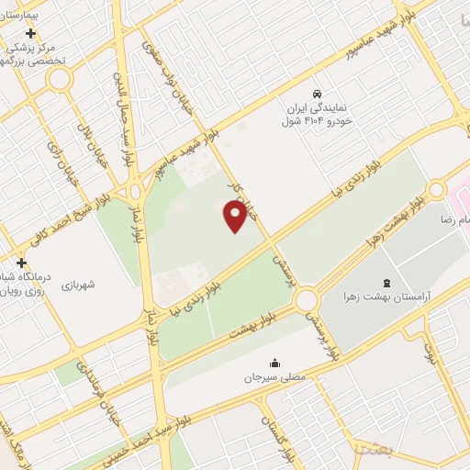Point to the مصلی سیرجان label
[274, 376]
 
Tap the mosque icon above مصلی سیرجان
[274, 362]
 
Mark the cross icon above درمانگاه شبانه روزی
[21, 263]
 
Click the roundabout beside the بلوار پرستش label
[306, 300]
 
